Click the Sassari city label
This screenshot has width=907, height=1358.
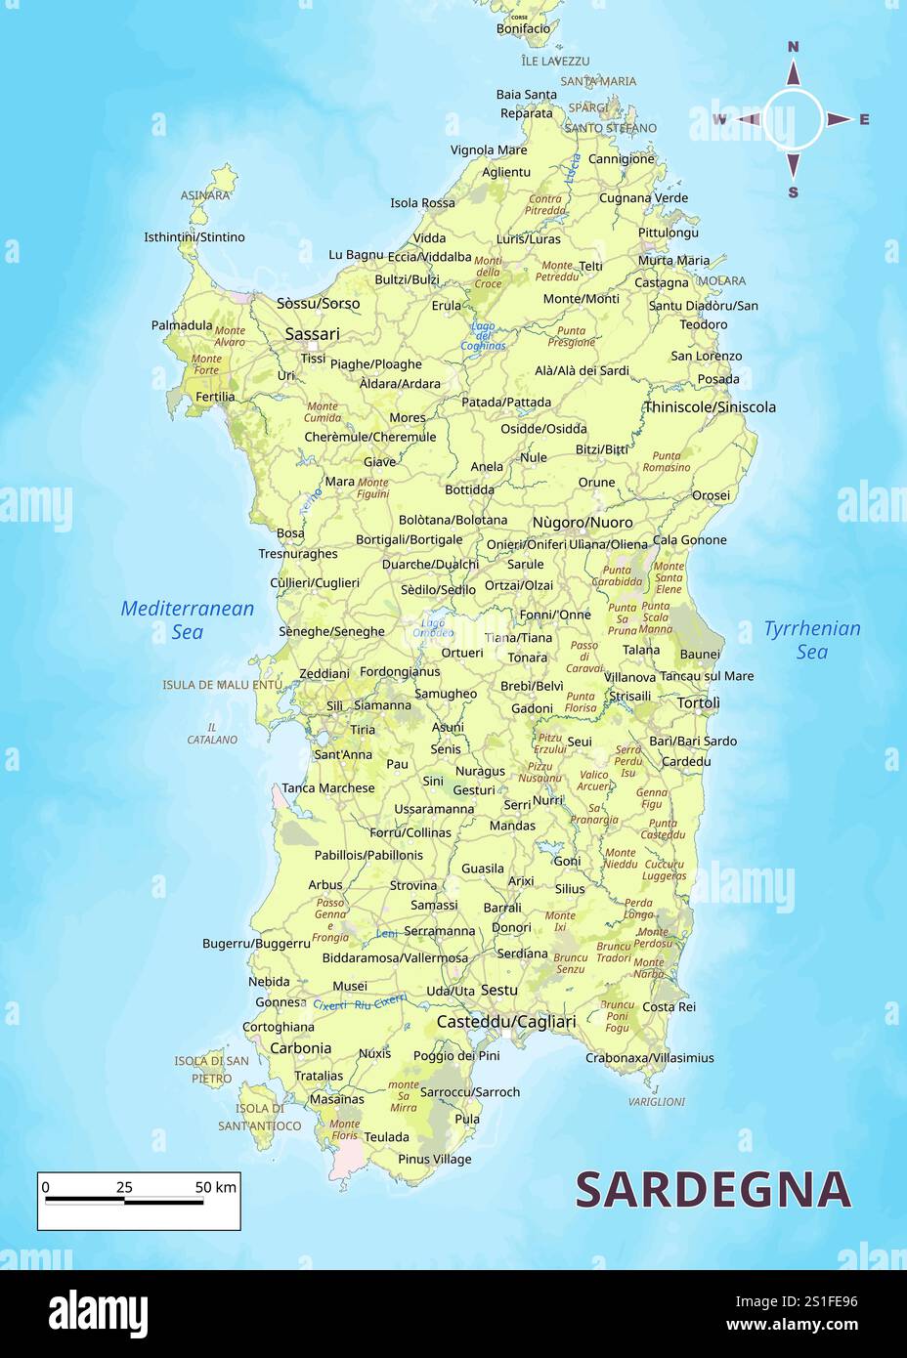[x=312, y=334]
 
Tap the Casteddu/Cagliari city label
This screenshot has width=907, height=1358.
[x=505, y=1022]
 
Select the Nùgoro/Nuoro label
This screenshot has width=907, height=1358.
[x=582, y=523]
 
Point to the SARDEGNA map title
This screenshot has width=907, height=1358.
[x=713, y=1190]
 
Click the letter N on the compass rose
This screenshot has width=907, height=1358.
[x=793, y=47]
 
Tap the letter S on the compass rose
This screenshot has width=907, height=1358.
[x=793, y=192]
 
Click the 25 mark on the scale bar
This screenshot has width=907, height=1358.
[x=124, y=1187]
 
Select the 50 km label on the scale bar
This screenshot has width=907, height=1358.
[x=215, y=1187]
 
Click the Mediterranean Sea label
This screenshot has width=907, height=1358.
[x=187, y=620]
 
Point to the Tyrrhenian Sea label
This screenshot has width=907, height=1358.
[x=811, y=640]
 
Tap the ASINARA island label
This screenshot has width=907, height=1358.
[x=205, y=195]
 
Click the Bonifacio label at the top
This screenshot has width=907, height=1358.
[x=523, y=29]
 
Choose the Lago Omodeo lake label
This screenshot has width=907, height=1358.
[x=432, y=627]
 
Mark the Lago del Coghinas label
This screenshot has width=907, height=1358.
[x=483, y=336]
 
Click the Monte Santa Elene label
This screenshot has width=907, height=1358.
[x=669, y=577]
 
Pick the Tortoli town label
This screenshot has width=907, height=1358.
[x=698, y=702]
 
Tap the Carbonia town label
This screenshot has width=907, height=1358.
[x=300, y=1048]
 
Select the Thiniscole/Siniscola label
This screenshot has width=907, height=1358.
[x=710, y=406]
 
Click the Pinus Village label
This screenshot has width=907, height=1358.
[x=434, y=1160]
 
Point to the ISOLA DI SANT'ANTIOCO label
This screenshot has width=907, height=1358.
[x=260, y=1117]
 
